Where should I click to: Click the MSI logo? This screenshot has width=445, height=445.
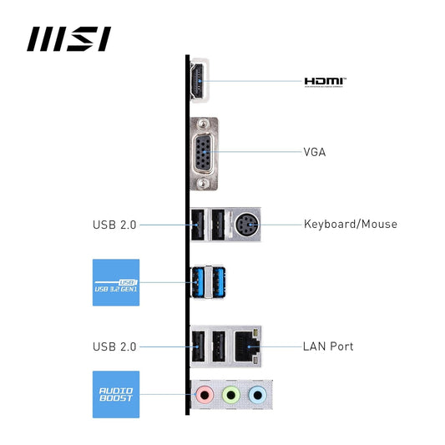[69, 38]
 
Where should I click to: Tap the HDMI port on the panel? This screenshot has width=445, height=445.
[200, 82]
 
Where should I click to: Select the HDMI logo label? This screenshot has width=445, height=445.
[325, 82]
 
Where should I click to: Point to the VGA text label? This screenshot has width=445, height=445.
[315, 152]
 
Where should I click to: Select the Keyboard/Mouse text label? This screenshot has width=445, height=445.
[351, 224]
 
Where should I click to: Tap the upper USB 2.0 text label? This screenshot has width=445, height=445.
[114, 225]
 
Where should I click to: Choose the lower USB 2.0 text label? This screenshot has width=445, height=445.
[114, 346]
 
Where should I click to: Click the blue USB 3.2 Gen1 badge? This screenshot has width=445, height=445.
[115, 282]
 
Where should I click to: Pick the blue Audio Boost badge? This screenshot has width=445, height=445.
[115, 393]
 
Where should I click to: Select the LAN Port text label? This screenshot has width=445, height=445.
[329, 346]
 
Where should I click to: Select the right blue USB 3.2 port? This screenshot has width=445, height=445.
[218, 282]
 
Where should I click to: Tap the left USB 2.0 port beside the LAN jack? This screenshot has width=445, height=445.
[199, 346]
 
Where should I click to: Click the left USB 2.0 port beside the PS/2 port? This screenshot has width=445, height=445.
[199, 225]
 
